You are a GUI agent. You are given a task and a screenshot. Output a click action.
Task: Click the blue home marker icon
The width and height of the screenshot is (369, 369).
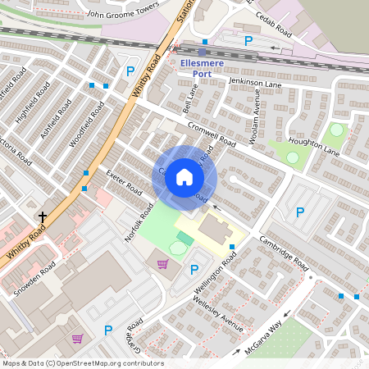point(184,177)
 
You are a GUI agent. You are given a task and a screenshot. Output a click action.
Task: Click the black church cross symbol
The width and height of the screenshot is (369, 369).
point(43,217)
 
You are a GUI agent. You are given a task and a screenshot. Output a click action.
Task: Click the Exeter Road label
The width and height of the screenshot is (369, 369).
point(124,183)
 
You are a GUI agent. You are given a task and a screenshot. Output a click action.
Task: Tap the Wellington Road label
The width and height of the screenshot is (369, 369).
point(216,274)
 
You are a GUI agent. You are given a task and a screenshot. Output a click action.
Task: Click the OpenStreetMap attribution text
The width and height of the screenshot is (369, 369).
point(82,363)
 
